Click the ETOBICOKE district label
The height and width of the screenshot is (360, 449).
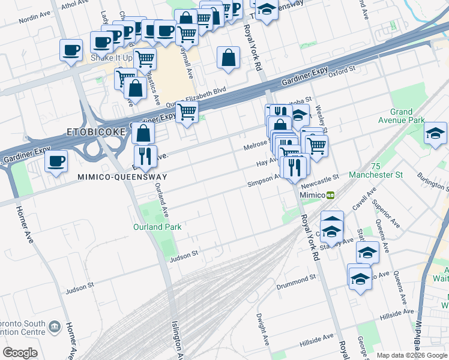click(97, 131)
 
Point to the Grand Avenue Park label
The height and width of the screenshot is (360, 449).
click(401, 116)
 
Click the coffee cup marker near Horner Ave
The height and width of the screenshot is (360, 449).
click(56, 161)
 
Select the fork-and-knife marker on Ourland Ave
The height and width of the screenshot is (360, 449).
click(145, 156)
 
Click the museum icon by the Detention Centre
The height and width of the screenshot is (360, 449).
click(55, 326)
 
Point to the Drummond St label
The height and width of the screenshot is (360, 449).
click(296, 281)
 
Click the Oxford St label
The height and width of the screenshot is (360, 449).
click(343, 70)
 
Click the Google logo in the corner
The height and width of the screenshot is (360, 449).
click(20, 352)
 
